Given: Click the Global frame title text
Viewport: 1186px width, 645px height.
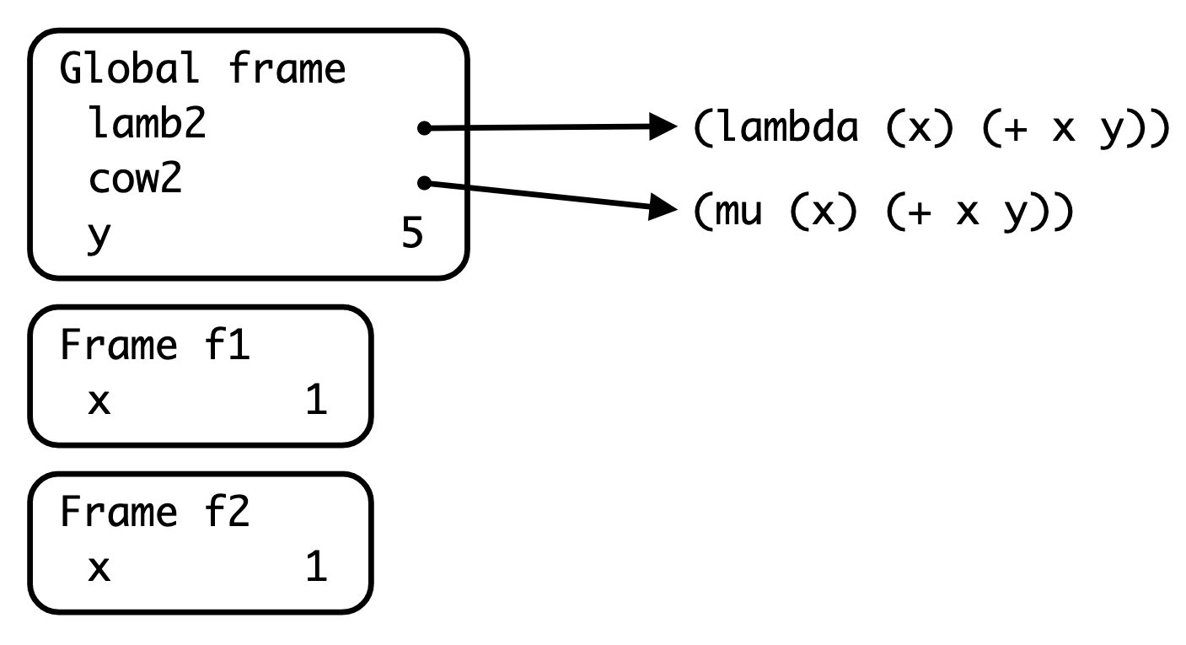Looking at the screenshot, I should pyautogui.click(x=202, y=71).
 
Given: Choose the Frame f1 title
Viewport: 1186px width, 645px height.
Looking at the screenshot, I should pyautogui.click(x=154, y=347).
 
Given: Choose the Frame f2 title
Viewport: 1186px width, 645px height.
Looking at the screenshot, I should pyautogui.click(x=154, y=513).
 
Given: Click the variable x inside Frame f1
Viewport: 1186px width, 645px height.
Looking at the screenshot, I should pyautogui.click(x=99, y=402).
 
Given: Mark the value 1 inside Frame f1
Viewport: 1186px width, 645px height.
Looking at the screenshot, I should pyautogui.click(x=314, y=401).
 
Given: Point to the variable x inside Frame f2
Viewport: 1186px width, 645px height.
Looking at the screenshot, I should pyautogui.click(x=99, y=568).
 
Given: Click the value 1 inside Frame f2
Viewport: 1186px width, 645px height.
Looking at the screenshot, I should pyautogui.click(x=314, y=567).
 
